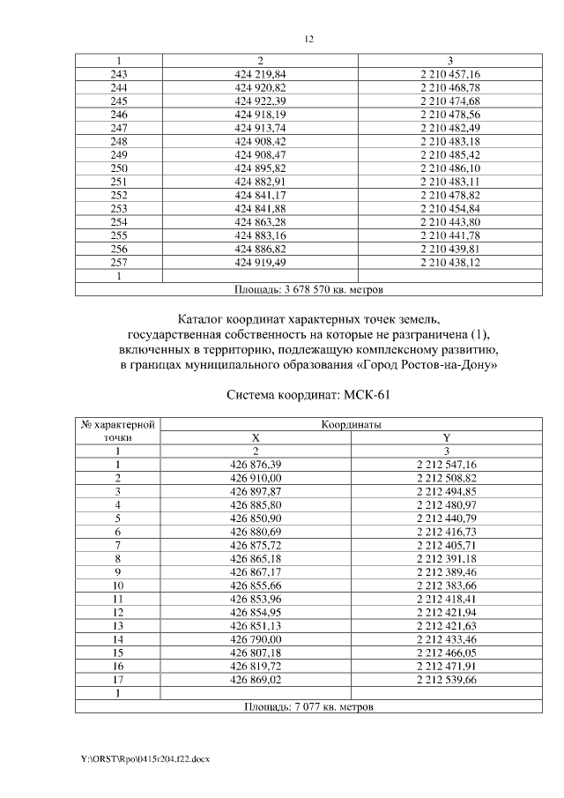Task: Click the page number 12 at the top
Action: coord(308,39)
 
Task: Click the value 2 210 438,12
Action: coord(449,262)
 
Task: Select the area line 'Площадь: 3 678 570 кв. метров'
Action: coord(308,288)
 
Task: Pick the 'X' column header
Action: coord(256,437)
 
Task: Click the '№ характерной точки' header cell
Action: coord(118,430)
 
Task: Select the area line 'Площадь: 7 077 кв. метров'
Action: coord(308,706)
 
